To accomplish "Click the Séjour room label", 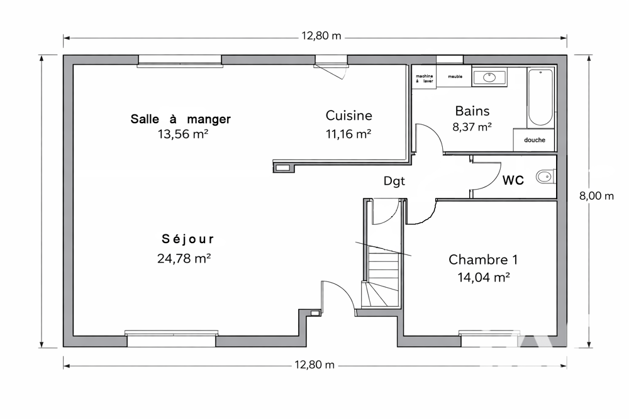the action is [187, 239].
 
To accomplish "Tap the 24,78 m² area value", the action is [184, 258].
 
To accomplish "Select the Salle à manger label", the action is [181, 119].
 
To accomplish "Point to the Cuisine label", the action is [349, 116].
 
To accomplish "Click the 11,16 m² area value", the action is [348, 134].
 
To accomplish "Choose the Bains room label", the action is [472, 111].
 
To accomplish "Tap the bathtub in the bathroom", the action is [540, 98].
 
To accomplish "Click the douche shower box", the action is [534, 140].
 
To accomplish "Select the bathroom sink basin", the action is [489, 77].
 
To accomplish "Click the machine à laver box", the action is [424, 77].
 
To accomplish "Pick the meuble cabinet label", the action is [455, 77].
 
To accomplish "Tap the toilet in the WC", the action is [545, 177].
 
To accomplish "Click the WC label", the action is [513, 180].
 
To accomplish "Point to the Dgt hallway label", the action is [394, 181].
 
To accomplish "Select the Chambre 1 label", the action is [483, 259].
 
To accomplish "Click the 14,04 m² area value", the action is [483, 277].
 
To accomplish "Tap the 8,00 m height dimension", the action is [596, 196].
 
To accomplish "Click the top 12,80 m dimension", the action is [321, 36].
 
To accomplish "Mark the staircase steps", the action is [381, 276].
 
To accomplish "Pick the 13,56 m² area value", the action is [183, 134].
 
